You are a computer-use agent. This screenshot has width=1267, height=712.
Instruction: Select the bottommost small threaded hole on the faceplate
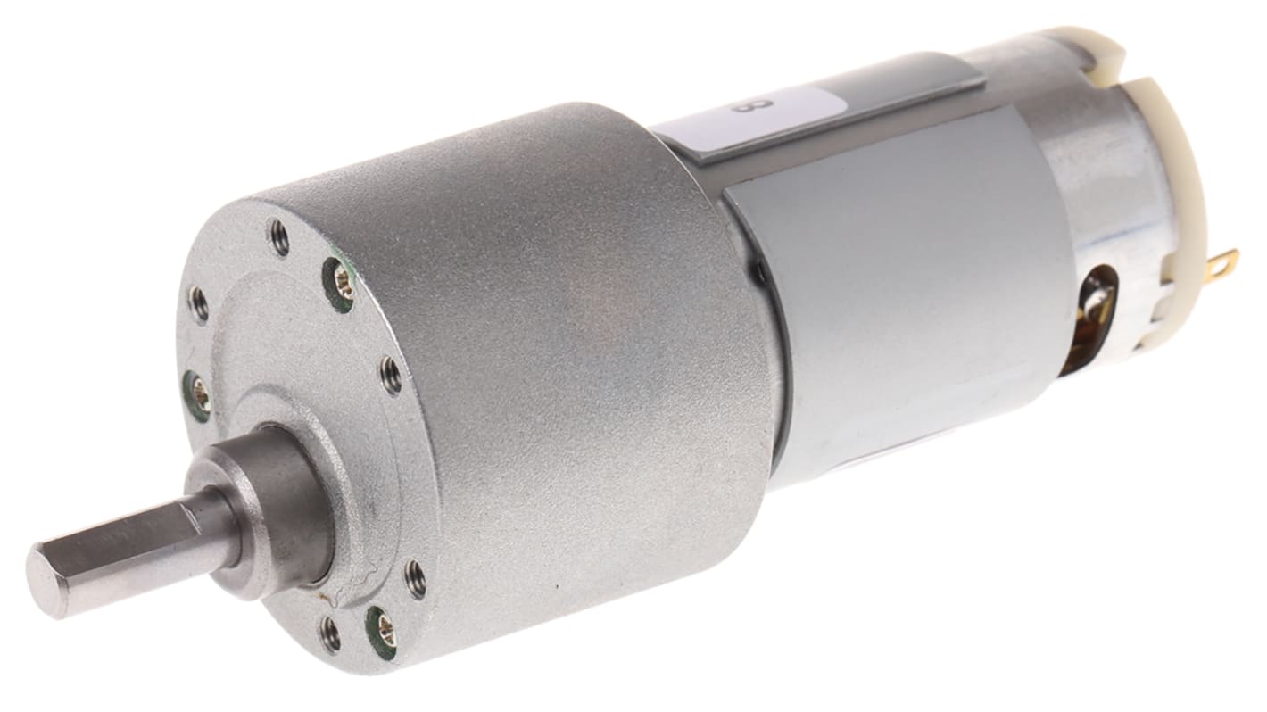pos(331,634)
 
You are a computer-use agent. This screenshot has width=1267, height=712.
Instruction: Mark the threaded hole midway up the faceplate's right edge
pos(390,375)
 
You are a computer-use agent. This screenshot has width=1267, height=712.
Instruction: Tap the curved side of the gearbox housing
pos(571,375)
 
